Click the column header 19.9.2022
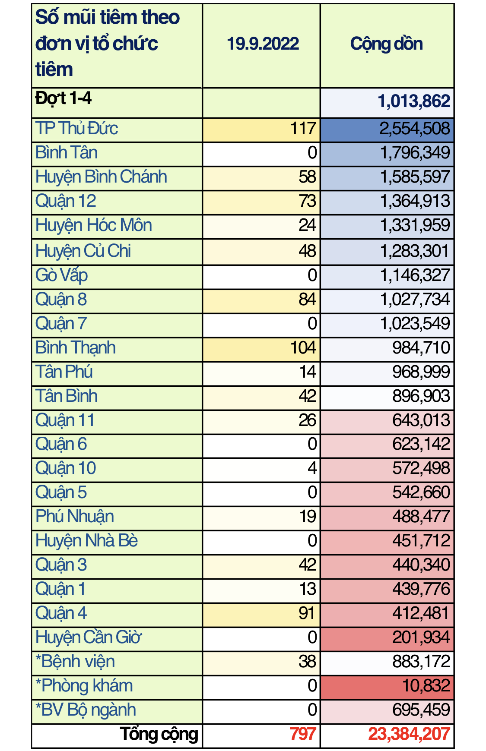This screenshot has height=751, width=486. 263,44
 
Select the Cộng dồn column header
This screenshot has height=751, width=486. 386,44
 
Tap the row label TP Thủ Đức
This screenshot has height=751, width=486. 76,129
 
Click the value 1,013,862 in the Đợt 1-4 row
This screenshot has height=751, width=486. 413,101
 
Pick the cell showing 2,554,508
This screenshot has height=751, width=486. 414,129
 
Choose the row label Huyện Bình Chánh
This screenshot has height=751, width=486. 101,177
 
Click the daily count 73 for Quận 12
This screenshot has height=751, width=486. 307,201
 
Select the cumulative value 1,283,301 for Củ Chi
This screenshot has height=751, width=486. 414,251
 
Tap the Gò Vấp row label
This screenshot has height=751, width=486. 62,275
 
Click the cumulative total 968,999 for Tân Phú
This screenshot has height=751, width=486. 421,372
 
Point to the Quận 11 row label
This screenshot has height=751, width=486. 65,420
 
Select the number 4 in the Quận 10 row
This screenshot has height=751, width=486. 312,468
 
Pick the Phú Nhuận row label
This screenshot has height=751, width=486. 75,517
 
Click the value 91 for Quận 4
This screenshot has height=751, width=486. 307,613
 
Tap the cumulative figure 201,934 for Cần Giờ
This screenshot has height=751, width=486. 421,637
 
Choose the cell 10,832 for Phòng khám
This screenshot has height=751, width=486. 426,686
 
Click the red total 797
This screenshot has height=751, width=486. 302,734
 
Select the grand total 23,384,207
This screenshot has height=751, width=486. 409,734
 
